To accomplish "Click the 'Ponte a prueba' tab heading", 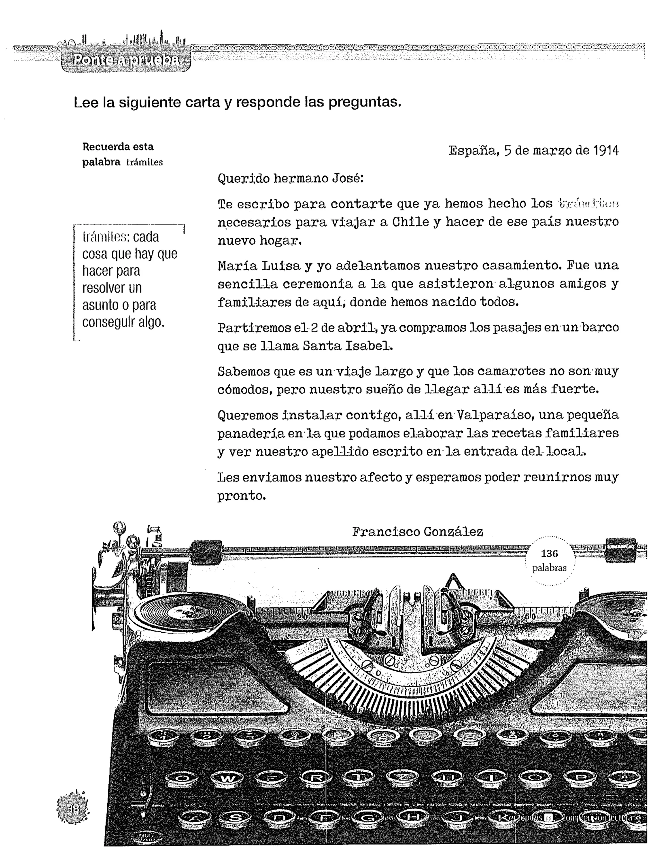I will click(126, 60).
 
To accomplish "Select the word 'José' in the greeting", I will click(347, 179).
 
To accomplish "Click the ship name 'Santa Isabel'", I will click(347, 346).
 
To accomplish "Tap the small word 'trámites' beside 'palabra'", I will click(144, 162).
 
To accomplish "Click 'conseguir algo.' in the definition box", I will click(123, 322).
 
